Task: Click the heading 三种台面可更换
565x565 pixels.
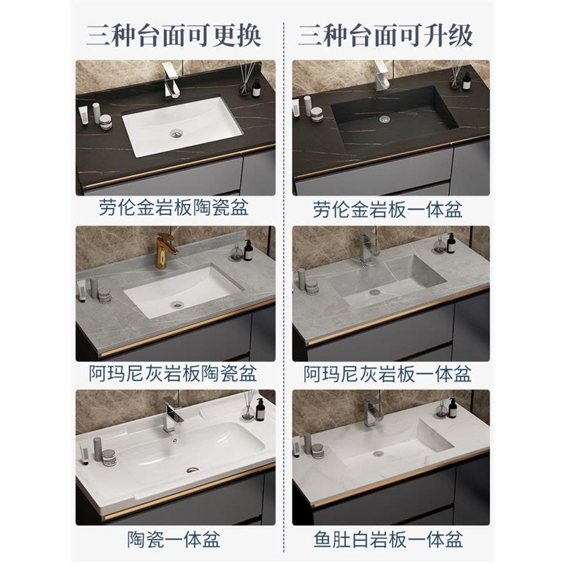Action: tap(173, 36)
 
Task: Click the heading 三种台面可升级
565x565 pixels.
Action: tap(385, 36)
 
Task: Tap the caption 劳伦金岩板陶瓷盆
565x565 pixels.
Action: tap(174, 208)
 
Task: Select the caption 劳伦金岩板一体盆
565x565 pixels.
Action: tap(388, 209)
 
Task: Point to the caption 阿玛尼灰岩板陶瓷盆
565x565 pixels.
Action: tap(173, 374)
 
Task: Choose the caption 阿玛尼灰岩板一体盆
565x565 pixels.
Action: tap(387, 374)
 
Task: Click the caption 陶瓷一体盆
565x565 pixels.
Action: tap(173, 540)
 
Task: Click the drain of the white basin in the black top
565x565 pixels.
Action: tap(175, 133)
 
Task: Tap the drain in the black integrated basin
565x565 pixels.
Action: tap(385, 118)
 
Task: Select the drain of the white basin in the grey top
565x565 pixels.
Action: tap(177, 304)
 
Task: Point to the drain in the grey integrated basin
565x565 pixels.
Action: tap(375, 292)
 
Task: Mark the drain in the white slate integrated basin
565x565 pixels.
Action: tap(379, 453)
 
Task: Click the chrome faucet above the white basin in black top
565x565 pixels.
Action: tap(170, 80)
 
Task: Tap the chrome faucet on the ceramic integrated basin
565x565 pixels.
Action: tap(170, 415)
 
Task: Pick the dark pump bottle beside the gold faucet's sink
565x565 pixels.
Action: tap(248, 250)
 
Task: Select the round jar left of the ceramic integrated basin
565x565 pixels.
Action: tap(108, 458)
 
